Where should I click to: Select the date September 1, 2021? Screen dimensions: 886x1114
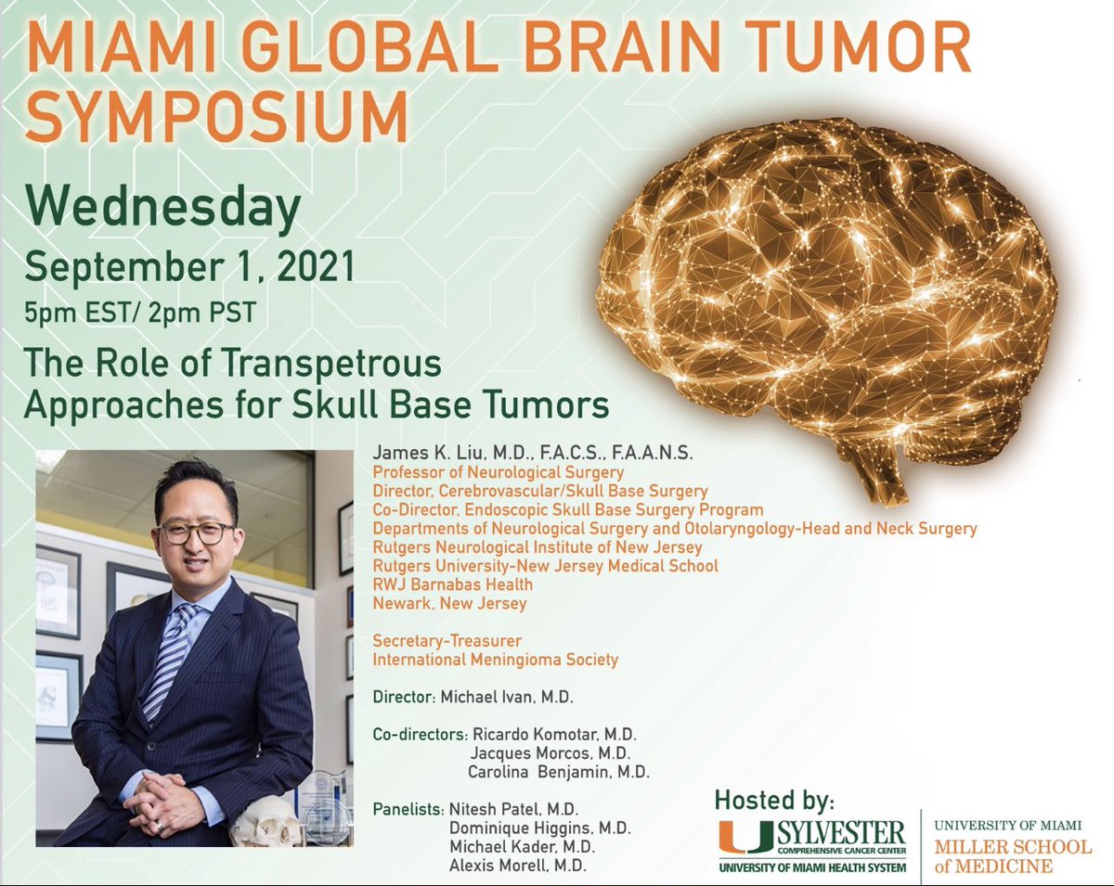190,267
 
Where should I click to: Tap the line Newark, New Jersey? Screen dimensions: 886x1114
449,603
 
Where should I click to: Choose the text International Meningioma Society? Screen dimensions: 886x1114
495,660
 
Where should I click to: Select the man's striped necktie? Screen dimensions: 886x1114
165,659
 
